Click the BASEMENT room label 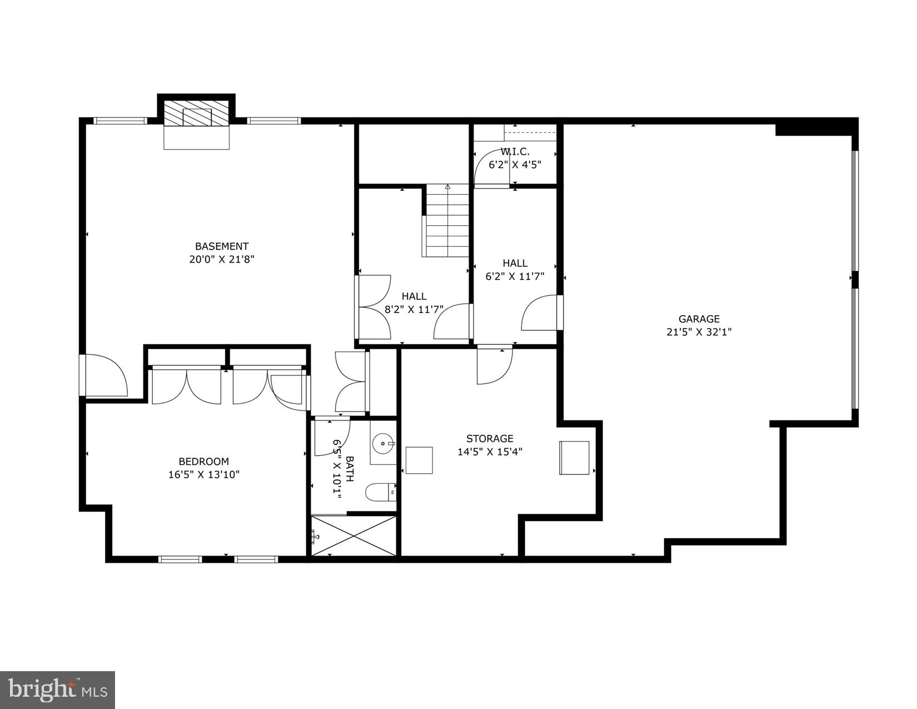pyautogui.click(x=221, y=246)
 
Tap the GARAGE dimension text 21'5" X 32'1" pyautogui.click(x=699, y=332)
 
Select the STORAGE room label pyautogui.click(x=489, y=439)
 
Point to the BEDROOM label pyautogui.click(x=203, y=462)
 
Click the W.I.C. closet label pyautogui.click(x=515, y=151)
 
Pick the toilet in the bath pyautogui.click(x=380, y=492)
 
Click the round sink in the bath pyautogui.click(x=383, y=444)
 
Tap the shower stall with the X pyautogui.click(x=353, y=535)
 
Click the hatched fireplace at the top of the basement pyautogui.click(x=197, y=115)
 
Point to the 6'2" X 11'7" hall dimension pyautogui.click(x=515, y=276)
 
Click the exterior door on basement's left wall pyautogui.click(x=106, y=376)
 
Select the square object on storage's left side pyautogui.click(x=419, y=460)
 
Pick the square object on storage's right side pyautogui.click(x=574, y=458)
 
